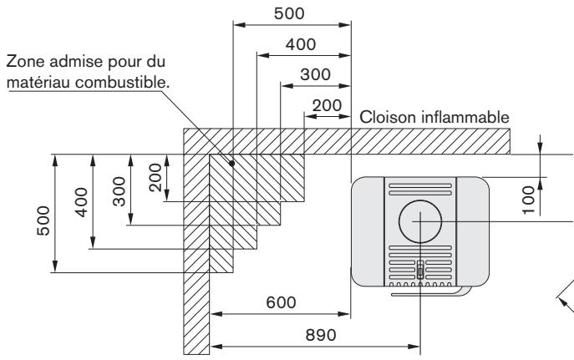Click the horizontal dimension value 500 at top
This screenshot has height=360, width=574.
290,13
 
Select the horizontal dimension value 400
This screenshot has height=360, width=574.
301,44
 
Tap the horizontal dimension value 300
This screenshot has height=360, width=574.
316,75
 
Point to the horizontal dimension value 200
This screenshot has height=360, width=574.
327,105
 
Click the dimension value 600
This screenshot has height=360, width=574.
281,303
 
